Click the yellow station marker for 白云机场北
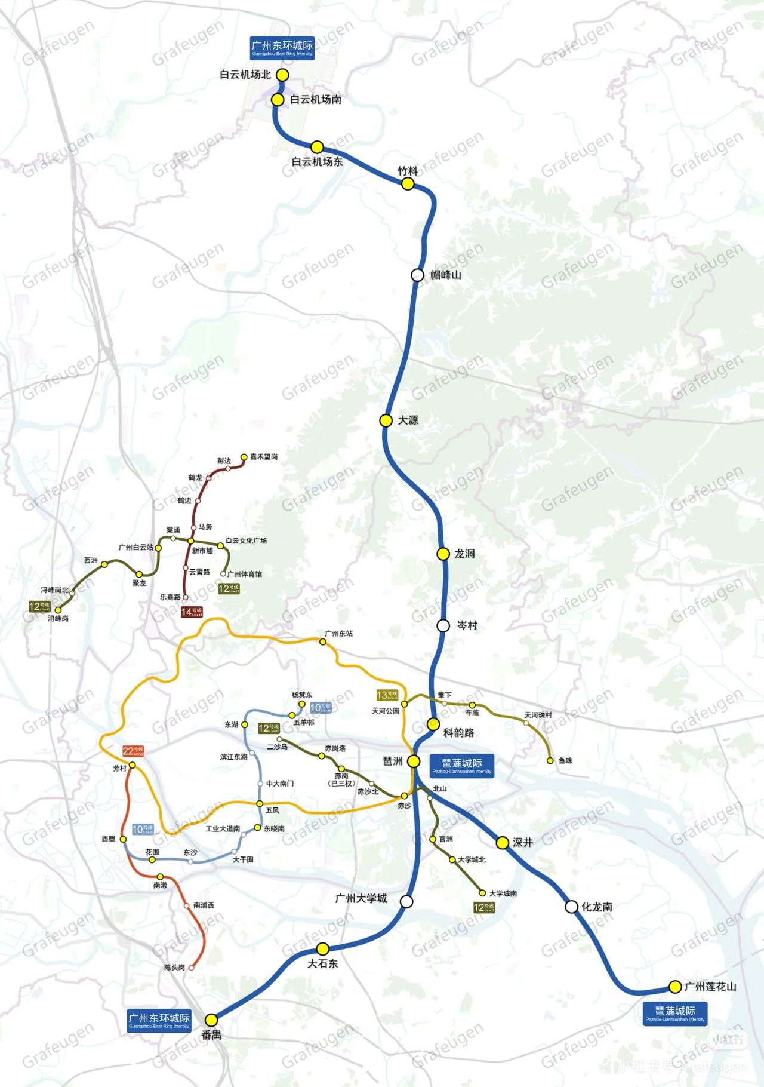282,75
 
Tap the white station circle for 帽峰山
418,275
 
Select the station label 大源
408,420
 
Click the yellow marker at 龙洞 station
443,554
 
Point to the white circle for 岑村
443,625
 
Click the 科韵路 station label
458,733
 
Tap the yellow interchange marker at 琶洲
414,761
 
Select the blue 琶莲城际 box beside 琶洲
462,765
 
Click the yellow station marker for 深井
503,842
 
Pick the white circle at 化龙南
571,907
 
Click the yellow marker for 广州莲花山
675,987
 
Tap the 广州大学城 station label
361,899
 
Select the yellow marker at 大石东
322,948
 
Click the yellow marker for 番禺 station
212,1020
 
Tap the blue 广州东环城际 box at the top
282,48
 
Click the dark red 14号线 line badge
192,612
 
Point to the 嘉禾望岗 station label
263,457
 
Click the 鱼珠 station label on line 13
565,761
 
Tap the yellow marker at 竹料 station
408,184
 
